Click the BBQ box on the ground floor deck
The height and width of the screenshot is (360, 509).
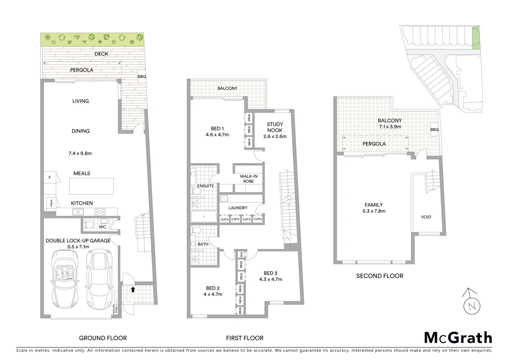142,76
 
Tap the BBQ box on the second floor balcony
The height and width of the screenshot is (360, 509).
434,130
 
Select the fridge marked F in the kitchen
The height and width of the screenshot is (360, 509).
50,178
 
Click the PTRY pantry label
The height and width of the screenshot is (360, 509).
51,203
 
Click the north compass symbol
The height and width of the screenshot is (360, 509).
472,302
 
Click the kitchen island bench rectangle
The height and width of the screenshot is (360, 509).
91,186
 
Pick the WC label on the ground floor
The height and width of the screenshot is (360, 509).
102,227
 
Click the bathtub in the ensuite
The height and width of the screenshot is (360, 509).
204,217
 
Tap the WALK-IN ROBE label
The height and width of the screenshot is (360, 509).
249,179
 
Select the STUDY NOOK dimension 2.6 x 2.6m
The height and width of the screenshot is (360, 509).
275,136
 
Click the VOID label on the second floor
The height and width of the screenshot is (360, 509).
426,217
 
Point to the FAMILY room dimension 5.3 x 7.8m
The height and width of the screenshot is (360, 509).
373,211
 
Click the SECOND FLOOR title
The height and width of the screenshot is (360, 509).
379,276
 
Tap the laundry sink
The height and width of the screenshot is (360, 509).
224,198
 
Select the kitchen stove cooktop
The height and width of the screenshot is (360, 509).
100,211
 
